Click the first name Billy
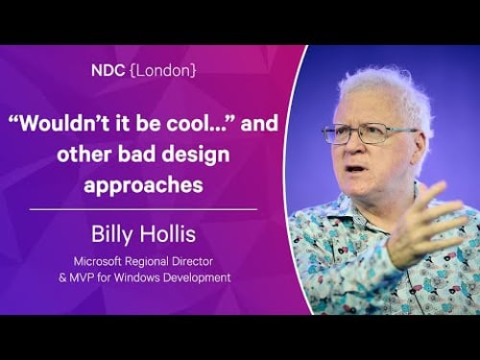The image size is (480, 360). pyautogui.click(x=121, y=235)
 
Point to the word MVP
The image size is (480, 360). pyautogui.click(x=100, y=279)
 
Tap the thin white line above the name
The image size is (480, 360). pyautogui.click(x=143, y=208)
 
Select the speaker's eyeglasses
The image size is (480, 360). pyautogui.click(x=379, y=135)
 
